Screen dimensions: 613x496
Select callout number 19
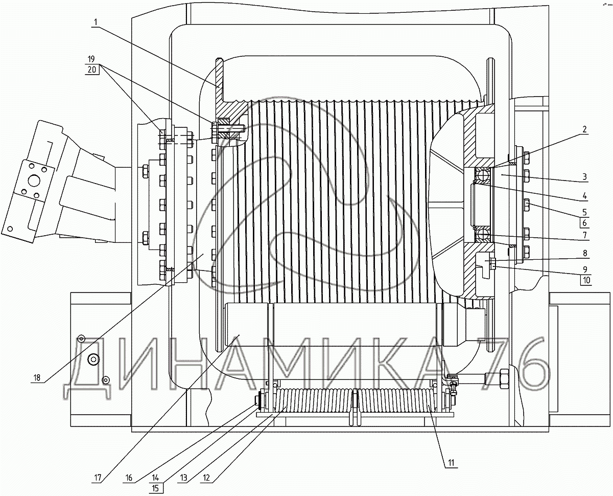coord(91,59)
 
